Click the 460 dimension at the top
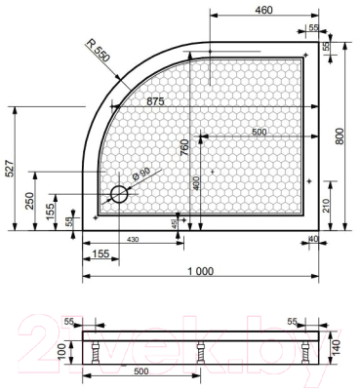pyautogui.click(x=261, y=11)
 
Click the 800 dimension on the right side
pyautogui.click(x=340, y=137)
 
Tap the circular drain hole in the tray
pyautogui.click(x=119, y=194)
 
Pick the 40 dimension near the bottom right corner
pyautogui.click(x=313, y=239)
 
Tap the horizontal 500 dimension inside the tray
pyautogui.click(x=259, y=133)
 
